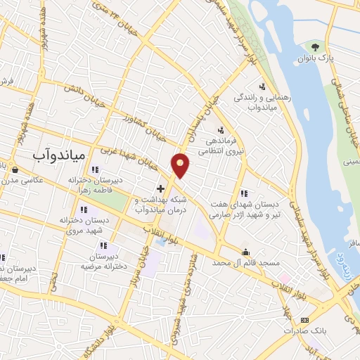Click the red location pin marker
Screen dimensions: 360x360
(x=181, y=165)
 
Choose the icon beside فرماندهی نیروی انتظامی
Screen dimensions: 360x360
(x=220, y=129)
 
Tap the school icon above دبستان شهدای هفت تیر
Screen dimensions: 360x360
(x=244, y=193)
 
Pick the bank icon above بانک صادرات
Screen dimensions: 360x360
(x=285, y=310)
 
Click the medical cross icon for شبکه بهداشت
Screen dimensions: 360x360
(x=161, y=188)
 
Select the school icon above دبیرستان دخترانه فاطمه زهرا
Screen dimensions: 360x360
(x=96, y=169)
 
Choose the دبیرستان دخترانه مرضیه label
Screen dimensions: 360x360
(x=104, y=262)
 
